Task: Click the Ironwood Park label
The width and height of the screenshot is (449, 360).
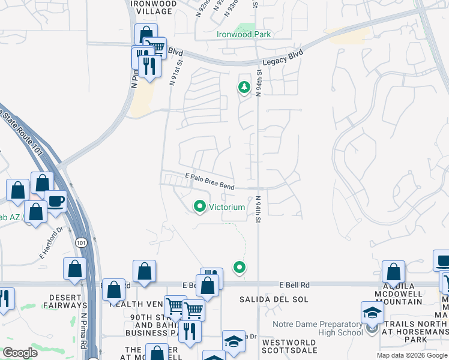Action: pos(244,34)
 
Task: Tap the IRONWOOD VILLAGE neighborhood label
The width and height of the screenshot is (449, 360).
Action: pos(154,8)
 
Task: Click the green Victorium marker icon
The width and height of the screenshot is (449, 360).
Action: pos(200,207)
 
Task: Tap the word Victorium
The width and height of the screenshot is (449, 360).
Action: pos(227,208)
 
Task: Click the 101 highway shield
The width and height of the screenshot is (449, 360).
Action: pos(80,242)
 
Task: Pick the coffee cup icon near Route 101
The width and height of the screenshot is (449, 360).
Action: pos(56,202)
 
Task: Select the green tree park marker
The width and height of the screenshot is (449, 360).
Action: pos(244,88)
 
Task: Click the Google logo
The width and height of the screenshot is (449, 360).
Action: pos(20,352)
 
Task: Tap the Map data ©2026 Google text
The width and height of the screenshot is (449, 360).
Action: pos(411,355)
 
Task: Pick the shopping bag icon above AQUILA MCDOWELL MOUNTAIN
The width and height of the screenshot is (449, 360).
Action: pos(393,272)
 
